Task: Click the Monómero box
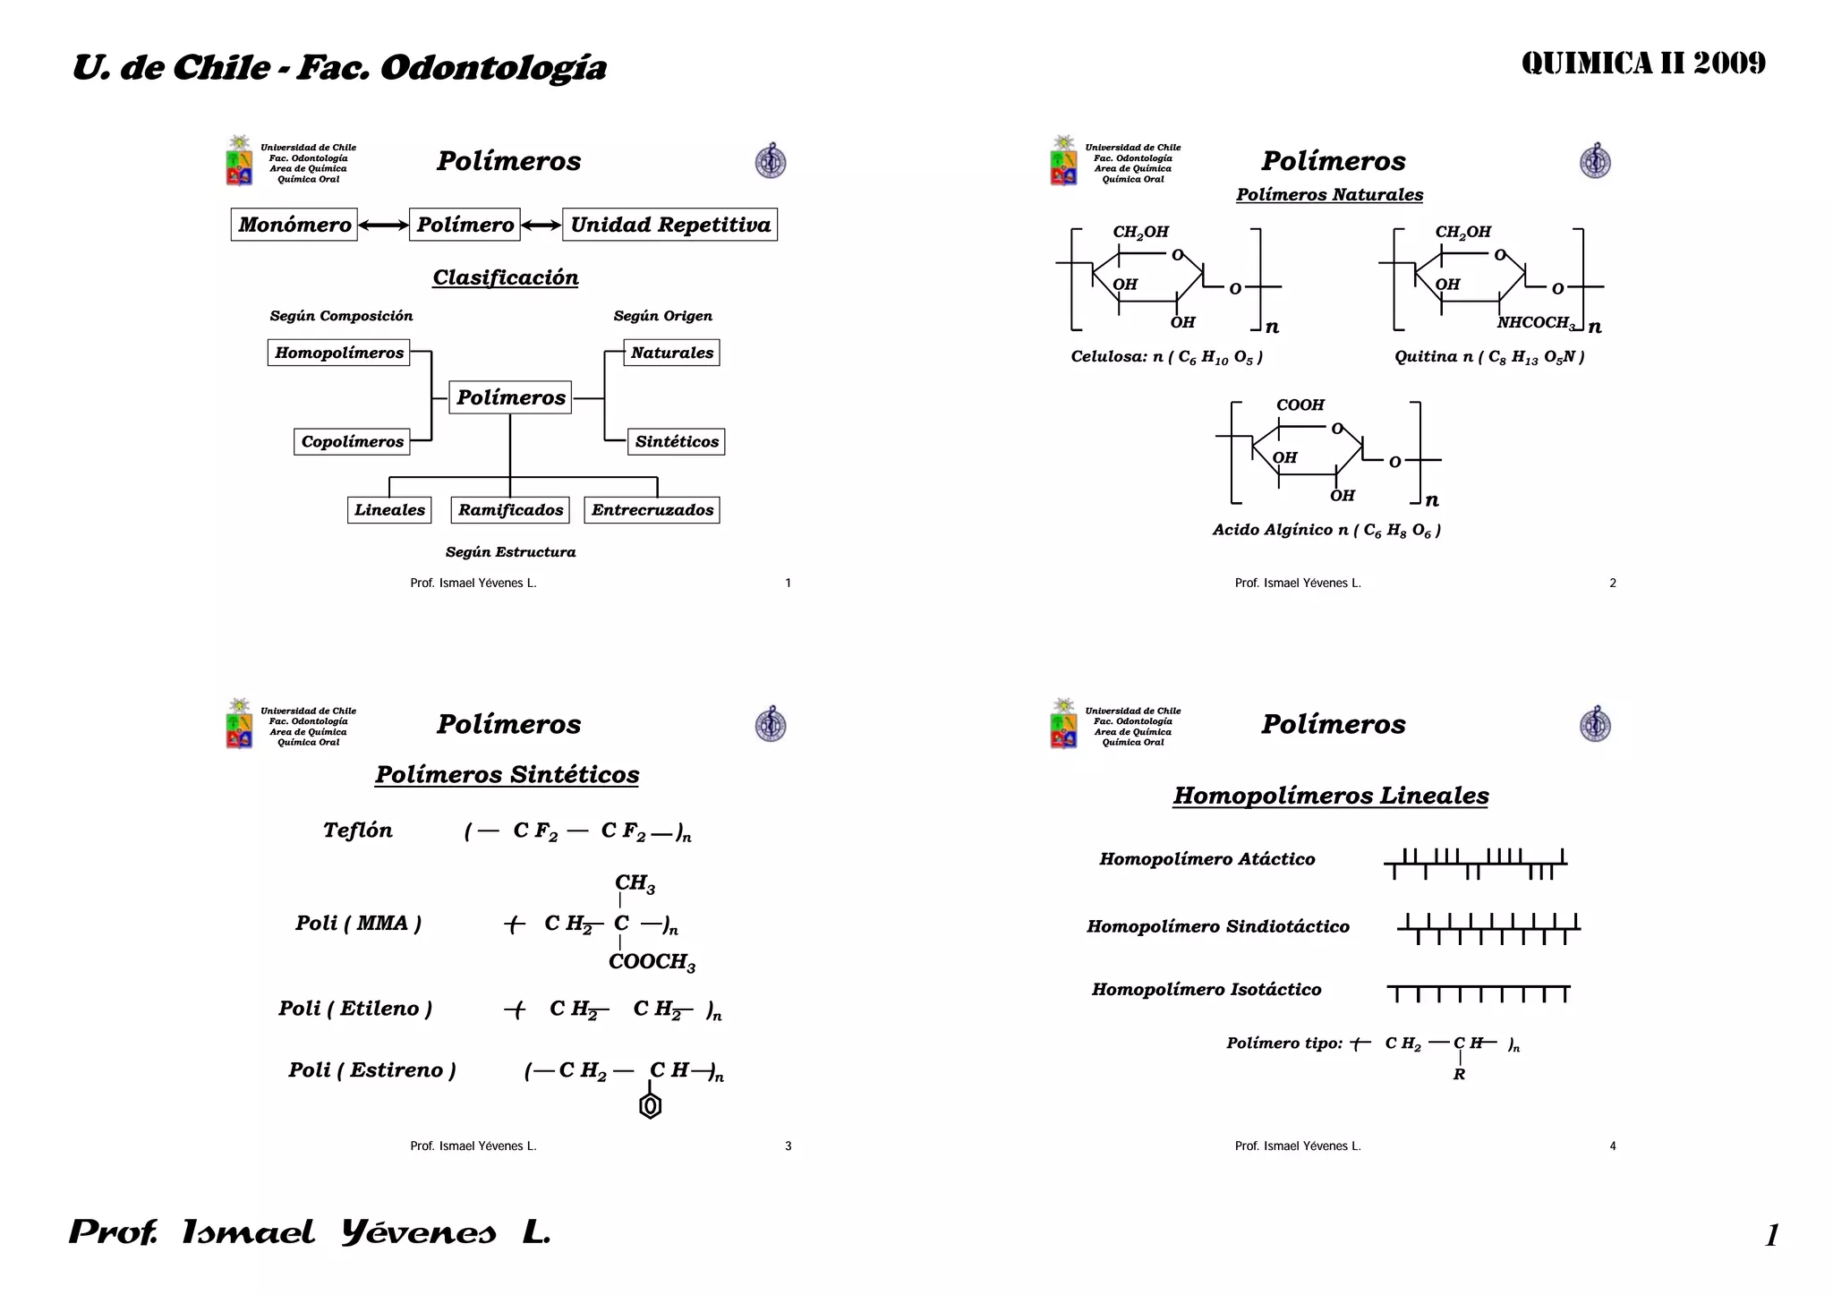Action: [x=294, y=225]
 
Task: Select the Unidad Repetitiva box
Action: [x=669, y=225]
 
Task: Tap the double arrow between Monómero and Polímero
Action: [x=383, y=226]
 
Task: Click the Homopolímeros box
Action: [x=338, y=353]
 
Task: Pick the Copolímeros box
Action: [x=352, y=441]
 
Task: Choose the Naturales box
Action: [x=671, y=353]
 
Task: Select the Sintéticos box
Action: [x=677, y=441]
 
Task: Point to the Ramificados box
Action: [x=510, y=510]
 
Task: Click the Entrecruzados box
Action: [x=652, y=510]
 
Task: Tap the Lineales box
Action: [x=389, y=510]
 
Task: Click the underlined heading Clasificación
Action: [x=506, y=277]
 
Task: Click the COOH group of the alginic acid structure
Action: [x=1300, y=405]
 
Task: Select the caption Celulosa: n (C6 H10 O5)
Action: [x=1166, y=357]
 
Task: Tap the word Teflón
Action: [x=358, y=831]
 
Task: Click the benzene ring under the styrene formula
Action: [x=651, y=1106]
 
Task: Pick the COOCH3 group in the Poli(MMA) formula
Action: [x=652, y=962]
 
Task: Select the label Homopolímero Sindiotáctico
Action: [x=1217, y=926]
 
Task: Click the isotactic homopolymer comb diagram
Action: [x=1479, y=993]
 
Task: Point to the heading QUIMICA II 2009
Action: [x=1643, y=64]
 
